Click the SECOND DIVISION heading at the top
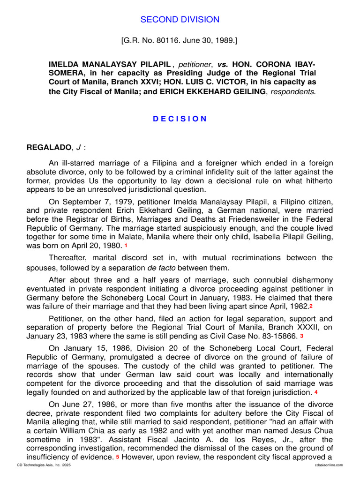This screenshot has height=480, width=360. (x=180, y=20)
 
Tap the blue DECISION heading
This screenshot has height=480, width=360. (x=180, y=119)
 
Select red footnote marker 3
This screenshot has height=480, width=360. (x=302, y=337)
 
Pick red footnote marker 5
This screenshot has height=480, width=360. (x=118, y=457)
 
